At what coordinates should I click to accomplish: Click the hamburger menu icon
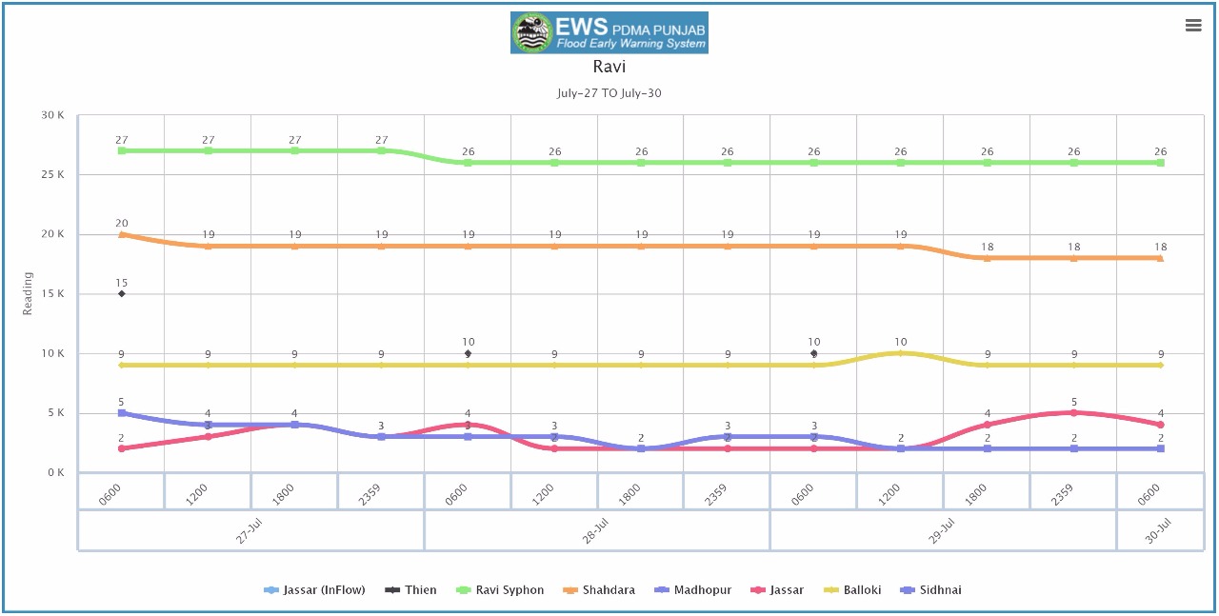1193,26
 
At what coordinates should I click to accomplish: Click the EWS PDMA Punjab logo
609,32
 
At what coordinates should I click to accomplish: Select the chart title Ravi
609,68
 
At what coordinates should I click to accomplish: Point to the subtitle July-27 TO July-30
609,93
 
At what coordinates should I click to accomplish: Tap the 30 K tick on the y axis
53,115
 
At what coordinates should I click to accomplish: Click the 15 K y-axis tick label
53,294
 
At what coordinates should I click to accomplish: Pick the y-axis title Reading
28,293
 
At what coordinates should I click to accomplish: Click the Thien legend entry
410,590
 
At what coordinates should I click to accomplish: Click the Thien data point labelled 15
122,293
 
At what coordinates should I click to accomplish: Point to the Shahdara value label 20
122,223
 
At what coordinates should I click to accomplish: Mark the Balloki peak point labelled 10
901,353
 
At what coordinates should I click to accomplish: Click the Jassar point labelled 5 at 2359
1074,412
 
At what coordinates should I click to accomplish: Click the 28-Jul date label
597,531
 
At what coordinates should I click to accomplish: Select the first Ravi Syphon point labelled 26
469,163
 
